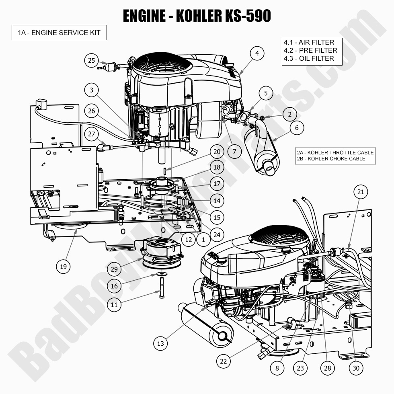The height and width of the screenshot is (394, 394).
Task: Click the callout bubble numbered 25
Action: pos(92,60)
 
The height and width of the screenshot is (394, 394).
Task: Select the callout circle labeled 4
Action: pos(257,53)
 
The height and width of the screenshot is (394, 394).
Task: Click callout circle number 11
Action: pos(114,304)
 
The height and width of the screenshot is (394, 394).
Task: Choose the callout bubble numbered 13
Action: pos(161,343)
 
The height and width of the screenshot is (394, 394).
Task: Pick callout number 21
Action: pos(361,192)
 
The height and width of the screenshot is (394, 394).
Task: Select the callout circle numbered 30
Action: pos(356,367)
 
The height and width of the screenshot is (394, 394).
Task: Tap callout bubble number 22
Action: pos(223,361)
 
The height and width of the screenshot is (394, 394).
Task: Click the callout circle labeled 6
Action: pos(297,128)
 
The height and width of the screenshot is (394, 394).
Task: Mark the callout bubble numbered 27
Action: pos(92,133)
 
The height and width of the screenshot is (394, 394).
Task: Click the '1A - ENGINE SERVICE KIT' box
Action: pos(59,33)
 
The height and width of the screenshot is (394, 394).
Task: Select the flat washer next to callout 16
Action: pos(161,274)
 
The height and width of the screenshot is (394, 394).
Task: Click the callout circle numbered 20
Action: pos(217,152)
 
